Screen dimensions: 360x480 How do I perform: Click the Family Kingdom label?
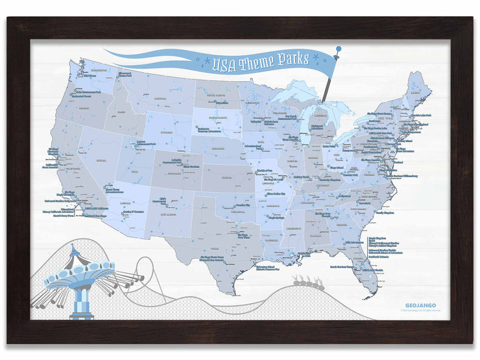(385, 212)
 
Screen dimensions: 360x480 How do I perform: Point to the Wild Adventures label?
(354, 241)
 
